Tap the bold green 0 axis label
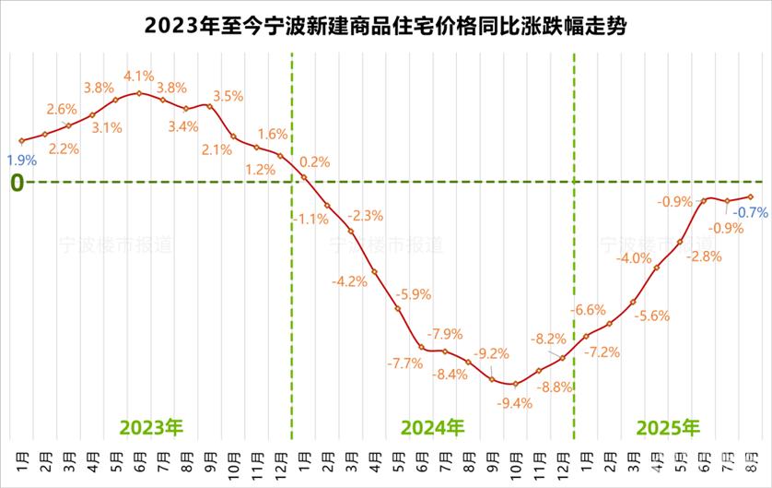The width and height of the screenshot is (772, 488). click(17, 183)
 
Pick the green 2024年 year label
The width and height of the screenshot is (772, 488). click(433, 427)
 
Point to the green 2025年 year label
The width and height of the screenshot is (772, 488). click(669, 427)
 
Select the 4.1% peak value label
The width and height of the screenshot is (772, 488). click(138, 76)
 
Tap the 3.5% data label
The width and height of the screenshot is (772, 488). click(228, 96)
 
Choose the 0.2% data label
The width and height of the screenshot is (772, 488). click(315, 161)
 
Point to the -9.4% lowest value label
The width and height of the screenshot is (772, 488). click(515, 402)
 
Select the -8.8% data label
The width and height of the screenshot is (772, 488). click(556, 387)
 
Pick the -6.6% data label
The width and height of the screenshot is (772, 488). click(589, 310)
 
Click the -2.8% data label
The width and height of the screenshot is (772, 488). click(705, 256)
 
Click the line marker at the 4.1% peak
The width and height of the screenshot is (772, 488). click(139, 92)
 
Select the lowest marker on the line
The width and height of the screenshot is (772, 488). click(515, 384)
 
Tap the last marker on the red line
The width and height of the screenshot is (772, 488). click(751, 196)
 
